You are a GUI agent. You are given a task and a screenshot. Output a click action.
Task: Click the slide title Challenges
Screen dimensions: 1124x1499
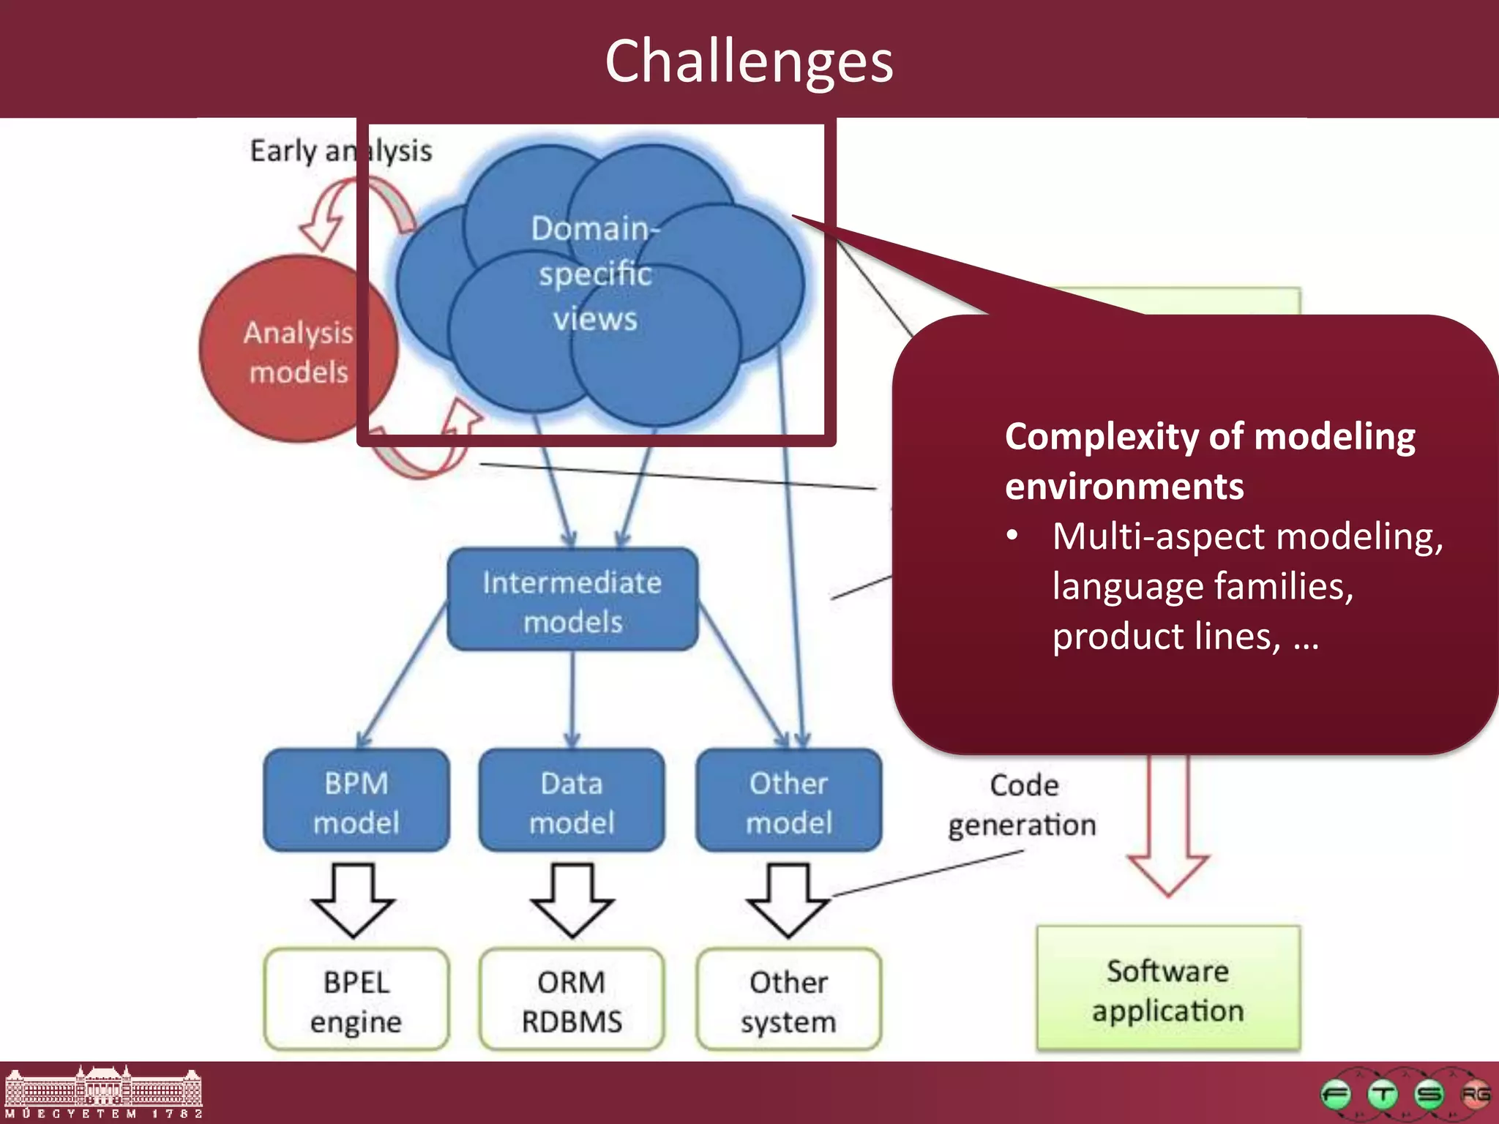[x=749, y=61]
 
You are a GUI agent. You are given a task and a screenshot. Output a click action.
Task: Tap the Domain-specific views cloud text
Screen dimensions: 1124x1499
[x=594, y=274]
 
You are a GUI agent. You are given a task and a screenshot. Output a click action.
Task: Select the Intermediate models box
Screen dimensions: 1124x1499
[x=572, y=601]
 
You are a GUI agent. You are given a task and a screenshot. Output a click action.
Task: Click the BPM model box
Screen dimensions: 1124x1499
[x=356, y=802]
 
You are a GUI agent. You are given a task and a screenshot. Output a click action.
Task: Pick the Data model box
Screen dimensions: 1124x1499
[x=572, y=802]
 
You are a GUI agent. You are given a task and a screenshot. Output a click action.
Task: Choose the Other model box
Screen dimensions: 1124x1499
[x=788, y=802]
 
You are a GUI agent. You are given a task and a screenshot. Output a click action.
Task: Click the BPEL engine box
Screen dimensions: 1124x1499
[x=356, y=1000]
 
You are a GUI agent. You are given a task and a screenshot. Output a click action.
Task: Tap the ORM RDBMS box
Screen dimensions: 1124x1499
[x=572, y=1000]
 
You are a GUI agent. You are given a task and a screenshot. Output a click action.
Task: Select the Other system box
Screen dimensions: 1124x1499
[x=788, y=1000]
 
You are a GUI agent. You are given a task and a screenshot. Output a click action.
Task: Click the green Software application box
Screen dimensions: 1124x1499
[x=1168, y=989]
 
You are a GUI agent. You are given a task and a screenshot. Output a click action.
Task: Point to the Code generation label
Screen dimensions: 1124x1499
[x=1023, y=805]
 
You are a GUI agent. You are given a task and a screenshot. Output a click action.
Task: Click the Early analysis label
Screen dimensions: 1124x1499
[x=341, y=151]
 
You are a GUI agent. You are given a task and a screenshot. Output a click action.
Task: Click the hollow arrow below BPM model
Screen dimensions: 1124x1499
[x=354, y=900]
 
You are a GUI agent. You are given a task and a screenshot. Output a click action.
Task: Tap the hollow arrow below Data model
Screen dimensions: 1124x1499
[x=572, y=900]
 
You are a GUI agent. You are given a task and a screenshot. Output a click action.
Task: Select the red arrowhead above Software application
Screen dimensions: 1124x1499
[x=1168, y=871]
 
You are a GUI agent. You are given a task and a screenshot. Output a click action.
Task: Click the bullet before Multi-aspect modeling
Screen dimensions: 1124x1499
[x=1012, y=536]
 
